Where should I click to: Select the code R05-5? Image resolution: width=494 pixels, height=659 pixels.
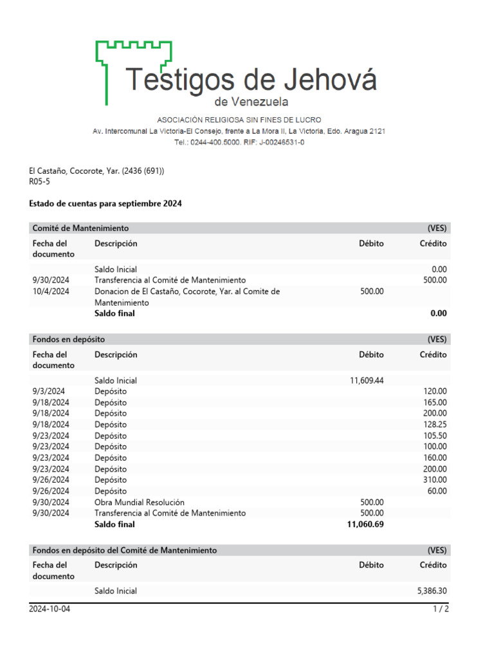tap(40, 181)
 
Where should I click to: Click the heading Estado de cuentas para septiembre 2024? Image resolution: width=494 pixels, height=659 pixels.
tap(105, 203)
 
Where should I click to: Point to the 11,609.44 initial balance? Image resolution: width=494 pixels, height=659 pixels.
tap(367, 380)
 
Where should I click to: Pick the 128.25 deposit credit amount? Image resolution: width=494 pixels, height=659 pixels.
tap(435, 424)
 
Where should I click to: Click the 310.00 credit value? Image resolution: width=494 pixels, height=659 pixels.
tap(435, 479)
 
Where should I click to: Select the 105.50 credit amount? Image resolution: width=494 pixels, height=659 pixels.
tap(435, 436)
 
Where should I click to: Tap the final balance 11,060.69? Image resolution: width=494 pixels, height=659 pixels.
tap(365, 524)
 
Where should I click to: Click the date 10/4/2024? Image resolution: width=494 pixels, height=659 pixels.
tap(50, 292)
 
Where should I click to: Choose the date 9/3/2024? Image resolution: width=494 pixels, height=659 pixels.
tap(48, 391)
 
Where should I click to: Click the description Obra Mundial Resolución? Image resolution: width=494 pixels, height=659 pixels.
tap(140, 502)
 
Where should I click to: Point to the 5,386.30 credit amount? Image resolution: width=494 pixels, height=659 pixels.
tap(432, 591)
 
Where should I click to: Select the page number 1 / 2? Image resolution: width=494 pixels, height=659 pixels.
tap(441, 609)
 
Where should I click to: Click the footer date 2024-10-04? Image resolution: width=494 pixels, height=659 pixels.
tap(50, 609)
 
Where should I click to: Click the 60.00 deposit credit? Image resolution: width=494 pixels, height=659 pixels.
tap(437, 491)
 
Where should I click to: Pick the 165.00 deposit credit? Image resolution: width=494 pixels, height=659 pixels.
tap(435, 402)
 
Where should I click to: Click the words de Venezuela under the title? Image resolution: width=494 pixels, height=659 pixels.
tap(251, 102)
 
